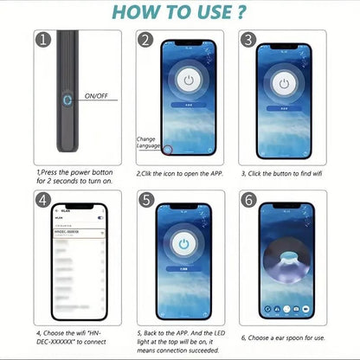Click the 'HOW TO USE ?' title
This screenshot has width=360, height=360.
[179, 13]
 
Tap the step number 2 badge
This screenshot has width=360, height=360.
[145, 40]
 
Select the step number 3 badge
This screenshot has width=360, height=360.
[247, 40]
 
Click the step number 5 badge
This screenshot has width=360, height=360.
[145, 200]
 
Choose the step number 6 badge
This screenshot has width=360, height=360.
[247, 200]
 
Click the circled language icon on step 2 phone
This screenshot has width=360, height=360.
[169, 149]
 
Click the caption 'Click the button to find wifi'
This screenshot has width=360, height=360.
[284, 173]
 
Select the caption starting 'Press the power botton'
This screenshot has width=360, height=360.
[76, 177]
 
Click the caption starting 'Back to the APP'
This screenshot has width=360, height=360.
[181, 341]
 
